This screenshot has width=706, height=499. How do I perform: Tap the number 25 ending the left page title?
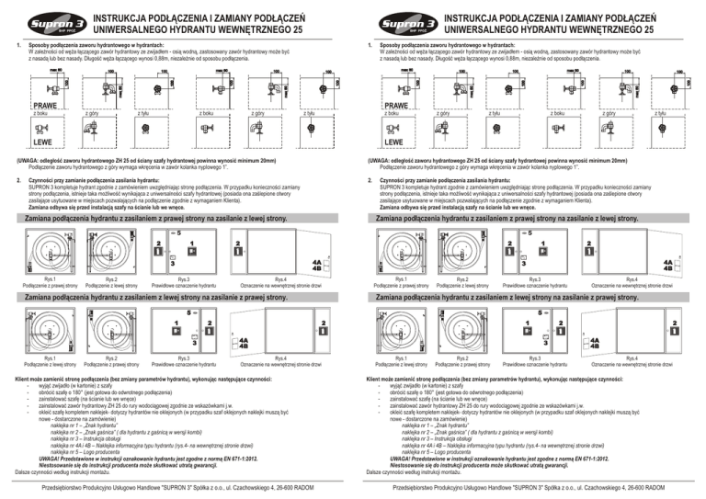[x=299, y=30]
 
